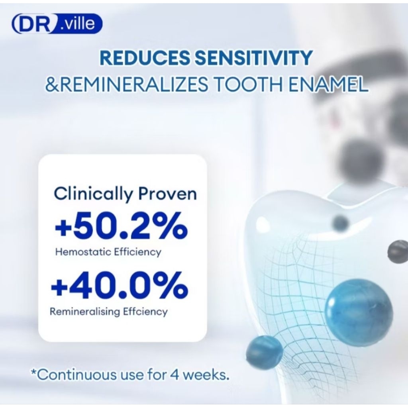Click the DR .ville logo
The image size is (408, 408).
click(x=57, y=24)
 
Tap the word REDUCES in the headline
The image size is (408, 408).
click(x=145, y=58)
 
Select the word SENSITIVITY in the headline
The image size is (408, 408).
click(x=253, y=58)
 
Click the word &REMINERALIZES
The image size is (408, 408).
click(x=127, y=84)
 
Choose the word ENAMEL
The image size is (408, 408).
click(x=329, y=84)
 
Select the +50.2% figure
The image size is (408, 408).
click(x=121, y=226)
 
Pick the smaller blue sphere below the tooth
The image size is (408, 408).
click(x=265, y=353)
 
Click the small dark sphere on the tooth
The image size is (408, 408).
click(x=341, y=224)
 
